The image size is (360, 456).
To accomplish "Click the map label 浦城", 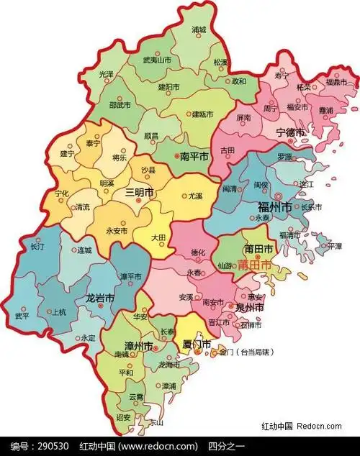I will (199, 30).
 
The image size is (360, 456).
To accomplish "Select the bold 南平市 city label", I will (194, 155).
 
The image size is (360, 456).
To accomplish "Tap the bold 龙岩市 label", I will (101, 298).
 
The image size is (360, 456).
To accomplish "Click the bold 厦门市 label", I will (197, 345).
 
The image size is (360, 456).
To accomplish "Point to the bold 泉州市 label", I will (249, 307).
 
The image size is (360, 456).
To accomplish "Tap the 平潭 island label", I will (335, 246).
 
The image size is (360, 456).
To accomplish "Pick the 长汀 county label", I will (37, 247).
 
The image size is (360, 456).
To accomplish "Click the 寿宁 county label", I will (282, 74).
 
